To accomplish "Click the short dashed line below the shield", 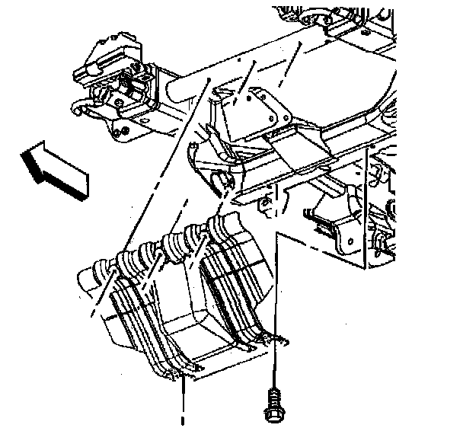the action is click(183, 404).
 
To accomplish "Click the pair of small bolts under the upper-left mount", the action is click(120, 133).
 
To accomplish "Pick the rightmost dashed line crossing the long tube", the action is click(293, 61).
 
